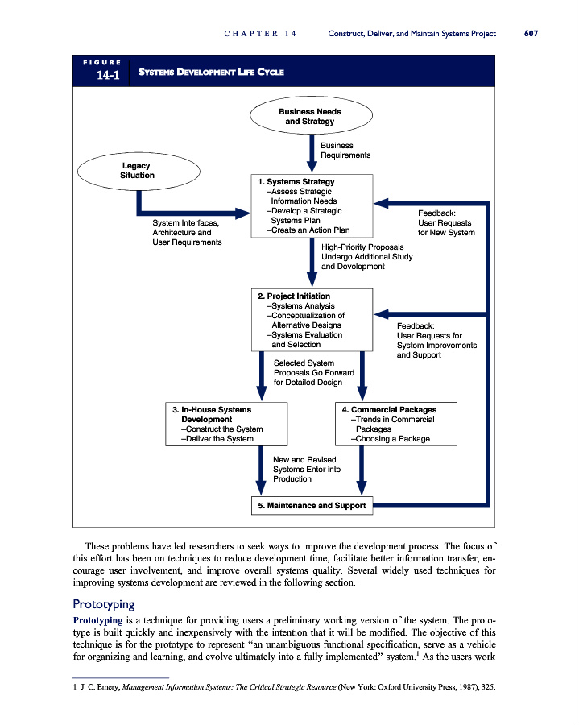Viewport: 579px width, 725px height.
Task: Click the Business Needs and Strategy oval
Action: [x=309, y=117]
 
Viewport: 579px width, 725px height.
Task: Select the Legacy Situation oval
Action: [x=137, y=171]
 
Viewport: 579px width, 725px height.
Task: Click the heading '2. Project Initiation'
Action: [x=293, y=296]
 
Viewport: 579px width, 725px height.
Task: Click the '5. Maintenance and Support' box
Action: [x=312, y=506]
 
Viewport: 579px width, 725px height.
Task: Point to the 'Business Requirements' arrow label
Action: [x=345, y=151]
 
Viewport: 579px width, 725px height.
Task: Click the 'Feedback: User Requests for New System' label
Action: [x=445, y=223]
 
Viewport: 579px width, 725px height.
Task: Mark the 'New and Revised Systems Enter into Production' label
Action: [x=307, y=469]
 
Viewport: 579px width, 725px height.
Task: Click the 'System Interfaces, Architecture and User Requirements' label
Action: [x=187, y=233]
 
